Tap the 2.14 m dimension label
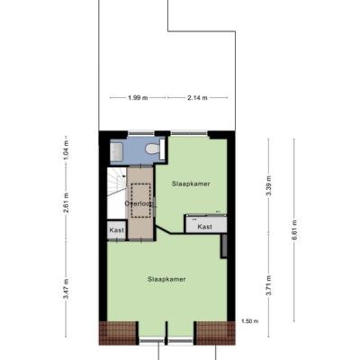(197, 98)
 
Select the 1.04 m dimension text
(67, 149)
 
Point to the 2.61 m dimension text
(67, 202)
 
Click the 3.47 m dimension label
(67, 289)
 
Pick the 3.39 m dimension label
(269, 185)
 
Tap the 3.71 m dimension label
(269, 285)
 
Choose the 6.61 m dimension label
(294, 229)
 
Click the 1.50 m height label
(250, 321)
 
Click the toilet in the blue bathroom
(152, 148)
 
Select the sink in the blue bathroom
(117, 151)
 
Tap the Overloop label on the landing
(140, 203)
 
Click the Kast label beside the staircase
(117, 230)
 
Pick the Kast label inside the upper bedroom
(205, 227)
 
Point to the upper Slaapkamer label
(191, 184)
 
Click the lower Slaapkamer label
(166, 279)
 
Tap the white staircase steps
(116, 193)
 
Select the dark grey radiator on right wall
(224, 246)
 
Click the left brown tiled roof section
(118, 333)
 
